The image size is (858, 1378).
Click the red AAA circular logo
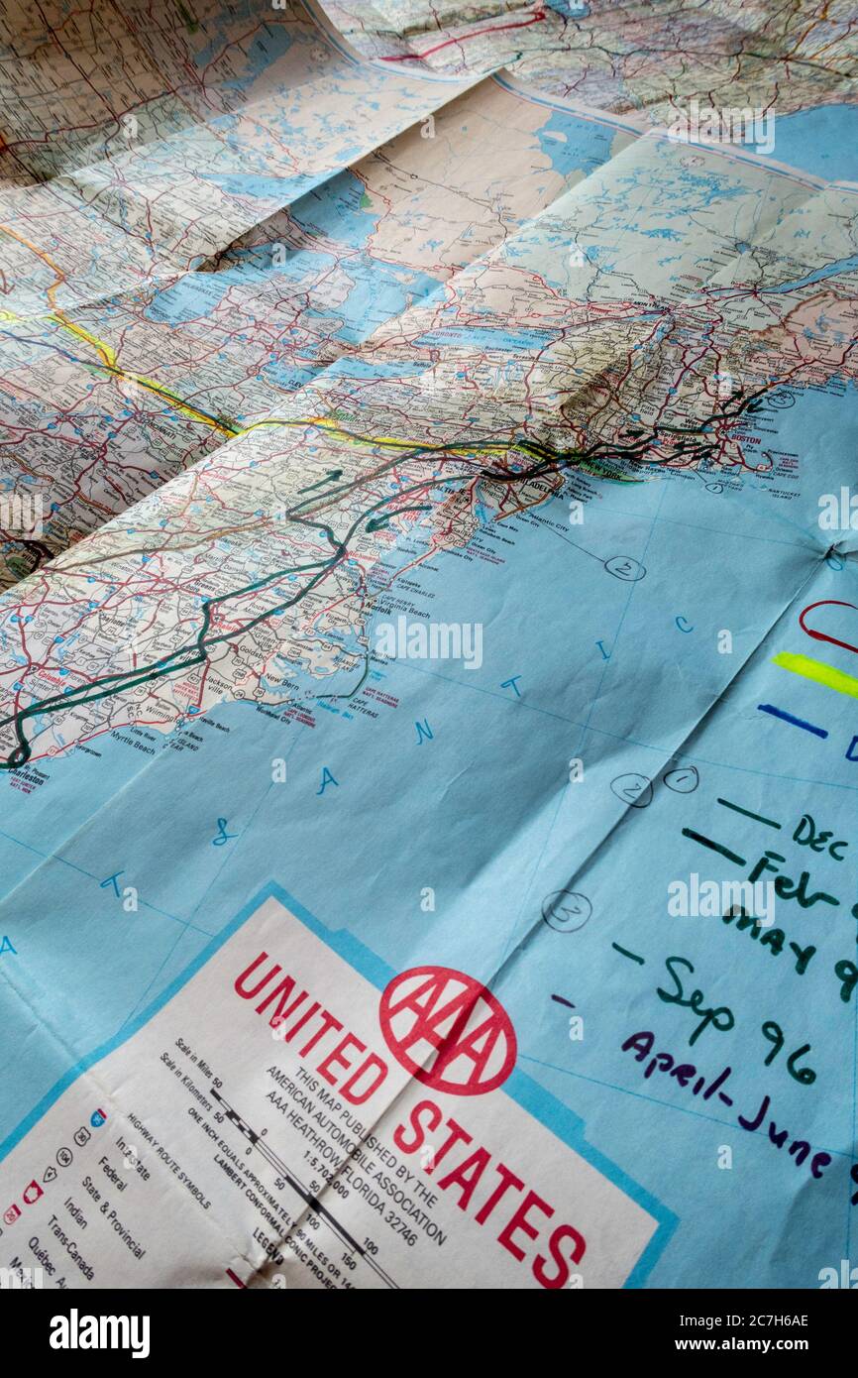447,1030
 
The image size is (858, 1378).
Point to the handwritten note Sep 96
733,1021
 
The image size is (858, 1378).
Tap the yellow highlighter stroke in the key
816,673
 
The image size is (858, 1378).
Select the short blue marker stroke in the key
792,720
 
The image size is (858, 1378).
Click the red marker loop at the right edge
828,625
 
